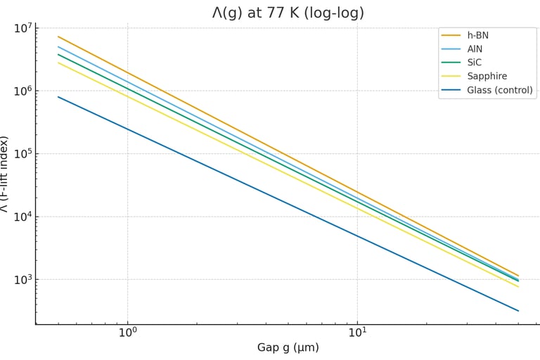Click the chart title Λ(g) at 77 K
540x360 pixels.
point(288,13)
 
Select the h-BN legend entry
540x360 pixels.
point(482,35)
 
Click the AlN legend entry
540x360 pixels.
point(480,49)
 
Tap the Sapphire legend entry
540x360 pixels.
point(487,76)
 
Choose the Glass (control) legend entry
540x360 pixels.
point(499,90)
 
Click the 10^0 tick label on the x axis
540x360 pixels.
point(127,332)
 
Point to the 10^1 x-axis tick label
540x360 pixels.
point(357,332)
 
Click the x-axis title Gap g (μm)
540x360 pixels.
point(288,347)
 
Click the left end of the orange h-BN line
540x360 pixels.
point(58,37)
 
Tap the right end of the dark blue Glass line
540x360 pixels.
point(517,311)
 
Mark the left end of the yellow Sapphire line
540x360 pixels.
point(58,63)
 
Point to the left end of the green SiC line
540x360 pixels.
point(58,54)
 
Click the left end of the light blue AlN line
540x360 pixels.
point(58,47)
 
